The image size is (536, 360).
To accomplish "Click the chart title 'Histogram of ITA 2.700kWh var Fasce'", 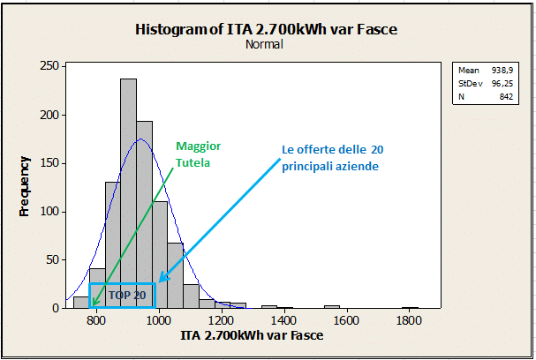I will pyautogui.click(x=266, y=29).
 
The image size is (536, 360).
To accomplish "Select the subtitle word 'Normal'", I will pyautogui.click(x=265, y=44).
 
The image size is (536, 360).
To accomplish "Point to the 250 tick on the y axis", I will pyautogui.click(x=49, y=66).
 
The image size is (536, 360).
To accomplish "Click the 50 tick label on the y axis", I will pyautogui.click(x=52, y=260).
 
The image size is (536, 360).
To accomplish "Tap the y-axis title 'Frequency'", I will pyautogui.click(x=25, y=187).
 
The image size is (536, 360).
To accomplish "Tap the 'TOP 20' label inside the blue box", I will pyautogui.click(x=126, y=295).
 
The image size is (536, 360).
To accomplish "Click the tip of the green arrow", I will pyautogui.click(x=92, y=306).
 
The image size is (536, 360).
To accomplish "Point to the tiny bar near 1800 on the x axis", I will pyautogui.click(x=410, y=307).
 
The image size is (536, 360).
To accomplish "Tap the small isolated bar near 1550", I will pyautogui.click(x=332, y=306).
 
